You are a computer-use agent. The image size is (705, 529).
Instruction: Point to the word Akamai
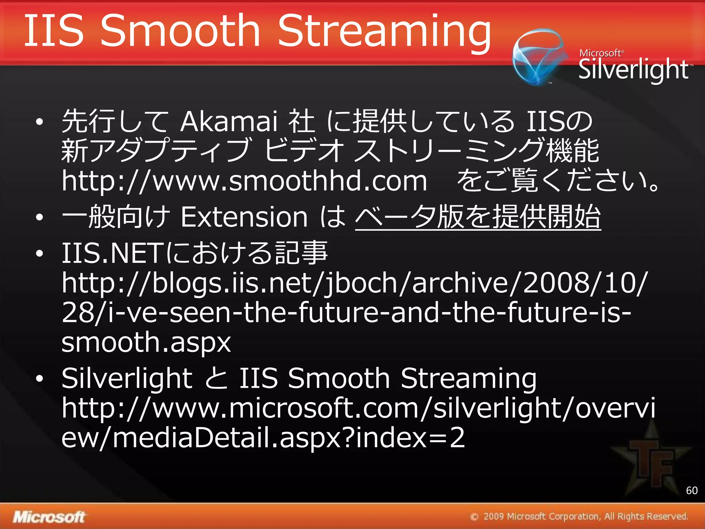(229, 121)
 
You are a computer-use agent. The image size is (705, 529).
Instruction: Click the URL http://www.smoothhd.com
(244, 180)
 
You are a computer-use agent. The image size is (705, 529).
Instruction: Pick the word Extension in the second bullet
(244, 217)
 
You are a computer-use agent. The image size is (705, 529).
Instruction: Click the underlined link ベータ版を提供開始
(478, 217)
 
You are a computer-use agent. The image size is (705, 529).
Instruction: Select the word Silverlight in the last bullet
(127, 378)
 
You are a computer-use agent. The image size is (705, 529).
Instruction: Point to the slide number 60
(692, 490)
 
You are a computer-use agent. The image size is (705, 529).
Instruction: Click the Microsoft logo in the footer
(49, 517)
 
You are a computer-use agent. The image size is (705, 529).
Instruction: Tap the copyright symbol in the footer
(474, 517)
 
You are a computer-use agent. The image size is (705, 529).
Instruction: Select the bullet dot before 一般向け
(40, 217)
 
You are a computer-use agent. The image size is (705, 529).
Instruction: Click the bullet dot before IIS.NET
(40, 253)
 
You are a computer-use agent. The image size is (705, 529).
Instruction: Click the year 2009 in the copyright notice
(494, 517)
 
